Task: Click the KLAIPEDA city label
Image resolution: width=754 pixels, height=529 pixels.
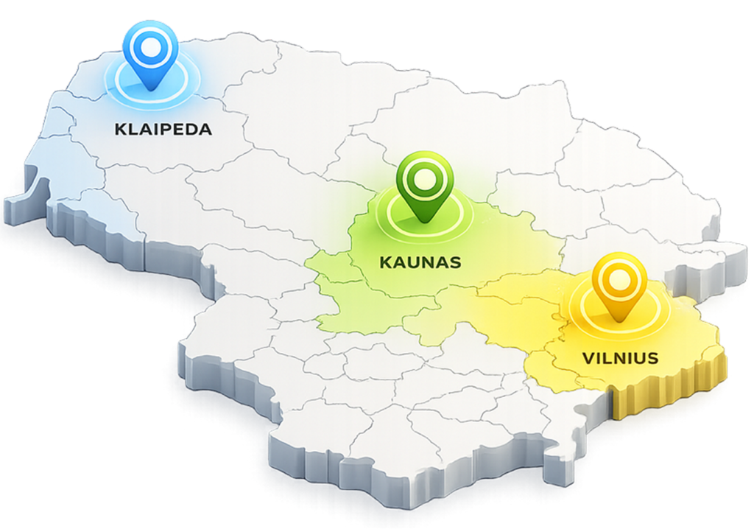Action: [x=163, y=130]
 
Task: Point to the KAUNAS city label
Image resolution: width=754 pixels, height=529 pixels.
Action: [x=420, y=262]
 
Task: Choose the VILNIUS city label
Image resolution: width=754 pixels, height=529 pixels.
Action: [x=620, y=359]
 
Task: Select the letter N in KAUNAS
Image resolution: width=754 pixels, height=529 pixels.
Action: [x=426, y=262]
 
